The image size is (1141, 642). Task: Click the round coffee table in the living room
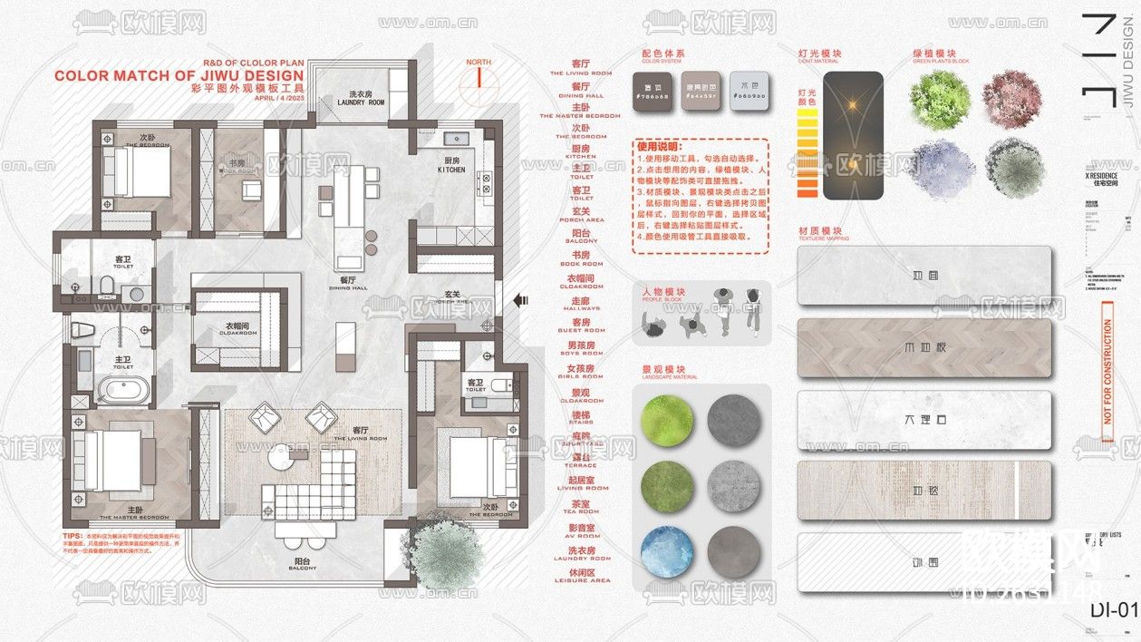277,460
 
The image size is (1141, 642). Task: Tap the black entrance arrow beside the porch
520,299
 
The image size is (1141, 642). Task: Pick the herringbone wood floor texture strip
924,348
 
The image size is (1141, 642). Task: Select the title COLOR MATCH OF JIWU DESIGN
179,75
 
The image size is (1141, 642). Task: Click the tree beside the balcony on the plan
446,550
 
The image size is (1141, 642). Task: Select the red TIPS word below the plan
72,536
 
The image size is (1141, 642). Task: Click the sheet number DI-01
1113,609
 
